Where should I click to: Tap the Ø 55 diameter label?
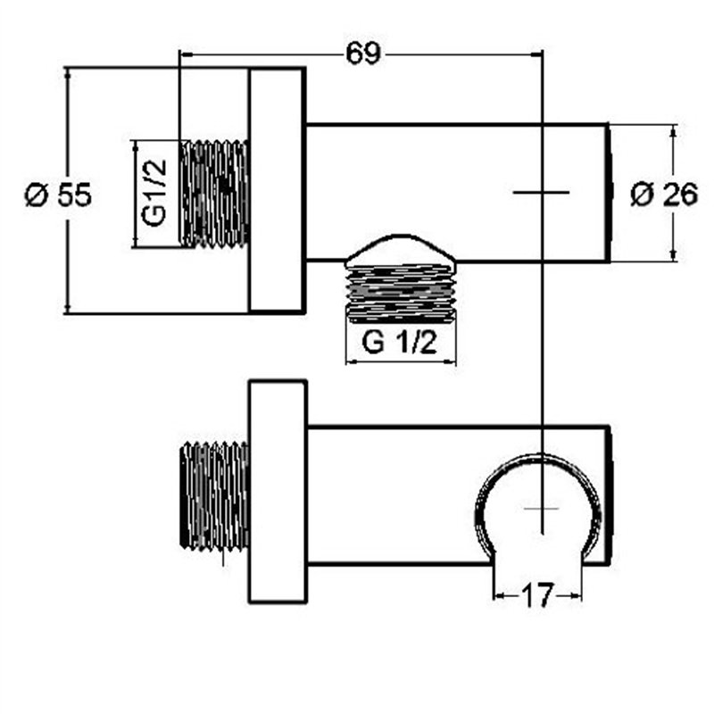coord(57,194)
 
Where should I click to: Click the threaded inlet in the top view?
coord(214,193)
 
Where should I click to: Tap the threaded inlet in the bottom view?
coord(214,493)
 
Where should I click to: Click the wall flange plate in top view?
coord(277,190)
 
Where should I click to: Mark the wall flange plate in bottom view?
coord(277,491)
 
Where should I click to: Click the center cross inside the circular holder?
coord(541,507)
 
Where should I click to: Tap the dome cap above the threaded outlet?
coord(400,252)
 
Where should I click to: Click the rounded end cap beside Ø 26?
coord(611,193)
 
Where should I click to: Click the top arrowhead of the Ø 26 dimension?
coord(673,130)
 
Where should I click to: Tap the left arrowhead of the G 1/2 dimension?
coord(351,363)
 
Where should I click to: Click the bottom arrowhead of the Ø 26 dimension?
coord(673,256)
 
